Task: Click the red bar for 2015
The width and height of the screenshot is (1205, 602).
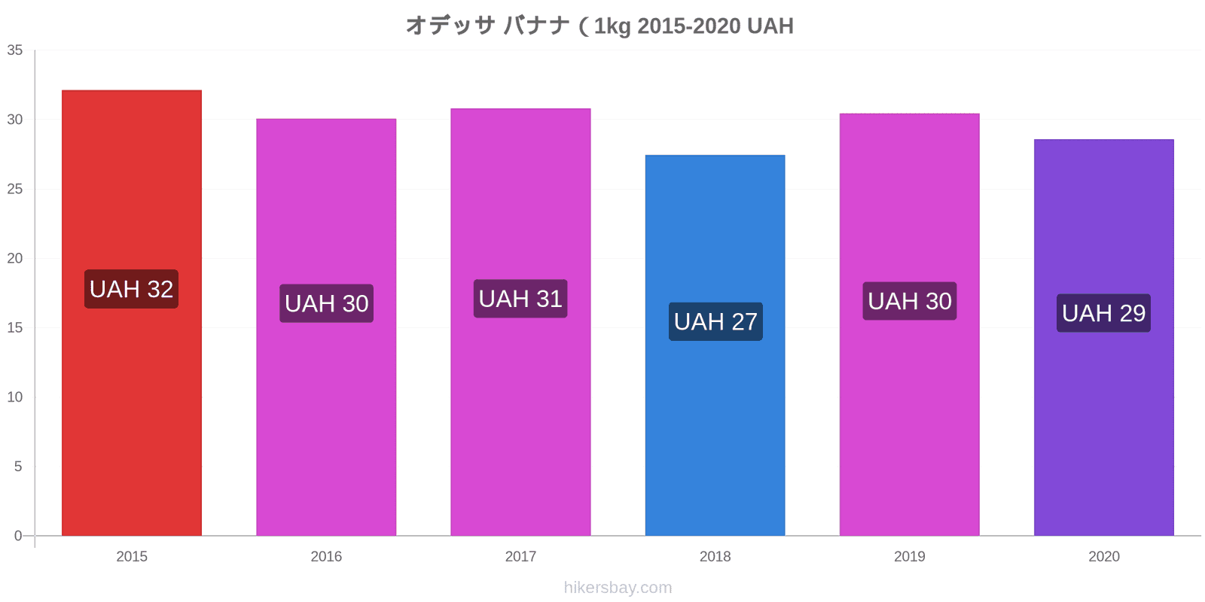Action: click(132, 313)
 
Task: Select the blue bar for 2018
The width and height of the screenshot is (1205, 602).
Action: click(715, 345)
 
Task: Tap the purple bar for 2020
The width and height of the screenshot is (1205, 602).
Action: click(1104, 338)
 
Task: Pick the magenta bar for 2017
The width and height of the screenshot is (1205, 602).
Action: click(520, 322)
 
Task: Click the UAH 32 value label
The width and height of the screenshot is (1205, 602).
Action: click(131, 289)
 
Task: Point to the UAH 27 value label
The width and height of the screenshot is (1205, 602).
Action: click(715, 321)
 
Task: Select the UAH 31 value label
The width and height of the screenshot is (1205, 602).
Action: click(520, 299)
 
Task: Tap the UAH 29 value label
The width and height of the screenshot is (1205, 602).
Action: click(1103, 313)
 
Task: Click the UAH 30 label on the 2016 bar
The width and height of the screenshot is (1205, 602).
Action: click(327, 303)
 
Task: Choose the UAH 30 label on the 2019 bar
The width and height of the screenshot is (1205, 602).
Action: click(910, 301)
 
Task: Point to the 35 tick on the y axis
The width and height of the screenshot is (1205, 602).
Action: click(14, 50)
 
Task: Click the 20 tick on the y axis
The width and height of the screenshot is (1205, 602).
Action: click(14, 259)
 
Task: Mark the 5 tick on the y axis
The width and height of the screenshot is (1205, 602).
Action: click(18, 467)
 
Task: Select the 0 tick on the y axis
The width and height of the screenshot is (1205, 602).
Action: click(18, 536)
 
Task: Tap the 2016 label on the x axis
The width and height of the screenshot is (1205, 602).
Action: click(326, 556)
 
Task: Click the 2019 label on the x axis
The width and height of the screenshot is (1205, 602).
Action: click(910, 556)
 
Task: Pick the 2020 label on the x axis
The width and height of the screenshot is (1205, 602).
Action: click(1104, 556)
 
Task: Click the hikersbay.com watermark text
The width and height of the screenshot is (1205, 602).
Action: click(618, 588)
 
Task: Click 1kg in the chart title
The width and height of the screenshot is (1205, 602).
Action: click(612, 26)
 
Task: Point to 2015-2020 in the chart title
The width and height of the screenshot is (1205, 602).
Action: click(689, 26)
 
